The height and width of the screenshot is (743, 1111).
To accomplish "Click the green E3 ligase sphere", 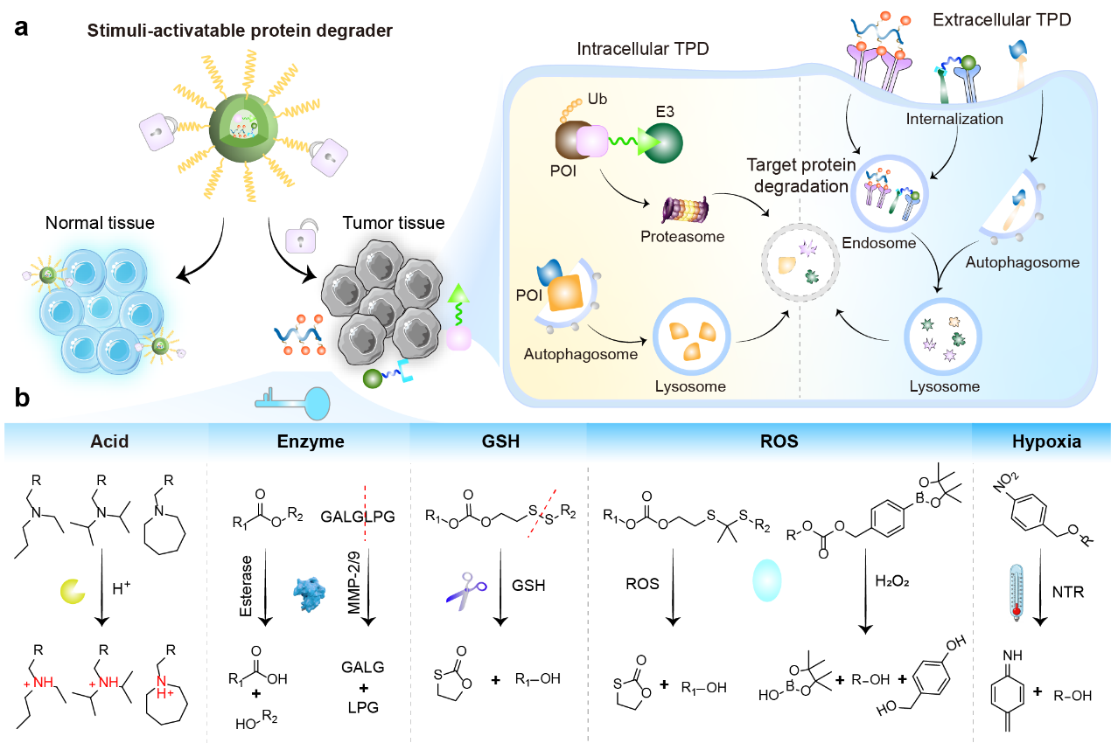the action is (662, 142).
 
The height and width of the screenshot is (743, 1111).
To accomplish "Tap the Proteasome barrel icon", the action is (686, 210).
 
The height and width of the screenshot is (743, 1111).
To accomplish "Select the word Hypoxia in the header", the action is (1046, 441).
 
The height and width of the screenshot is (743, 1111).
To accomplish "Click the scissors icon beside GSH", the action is (465, 591).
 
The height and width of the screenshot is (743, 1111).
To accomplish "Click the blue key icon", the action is (293, 403).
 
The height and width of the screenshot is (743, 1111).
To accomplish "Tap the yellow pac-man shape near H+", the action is (73, 591).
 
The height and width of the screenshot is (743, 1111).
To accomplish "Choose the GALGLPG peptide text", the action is (358, 517).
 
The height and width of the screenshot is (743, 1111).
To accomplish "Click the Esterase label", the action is (246, 586).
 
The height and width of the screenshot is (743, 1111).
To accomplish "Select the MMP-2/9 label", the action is (353, 582).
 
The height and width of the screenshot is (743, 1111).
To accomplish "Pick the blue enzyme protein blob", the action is (309, 594).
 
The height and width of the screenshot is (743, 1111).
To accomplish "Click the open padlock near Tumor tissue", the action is (301, 236).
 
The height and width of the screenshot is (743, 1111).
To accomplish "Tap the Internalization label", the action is (954, 119).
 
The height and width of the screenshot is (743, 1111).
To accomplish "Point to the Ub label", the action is (597, 99).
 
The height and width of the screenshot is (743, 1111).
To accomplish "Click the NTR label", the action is (1068, 592).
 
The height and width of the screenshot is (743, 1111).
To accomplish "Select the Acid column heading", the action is (109, 441).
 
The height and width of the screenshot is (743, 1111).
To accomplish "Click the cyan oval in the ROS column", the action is (767, 580).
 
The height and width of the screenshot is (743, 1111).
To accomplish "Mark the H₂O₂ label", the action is (892, 581).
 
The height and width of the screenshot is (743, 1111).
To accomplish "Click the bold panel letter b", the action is (22, 398).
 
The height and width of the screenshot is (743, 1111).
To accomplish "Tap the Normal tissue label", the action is (100, 223).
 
